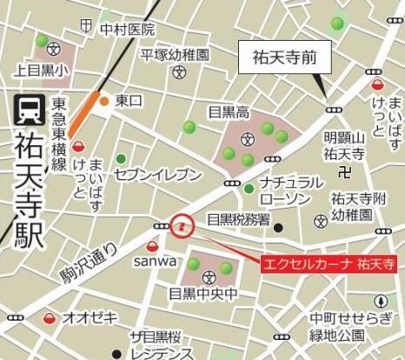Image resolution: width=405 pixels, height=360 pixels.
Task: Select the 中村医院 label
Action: point(126,30)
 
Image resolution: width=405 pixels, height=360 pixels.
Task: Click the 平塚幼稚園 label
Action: point(176,55)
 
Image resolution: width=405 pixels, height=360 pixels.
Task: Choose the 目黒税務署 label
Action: point(237,220)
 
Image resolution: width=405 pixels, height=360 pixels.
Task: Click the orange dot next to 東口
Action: point(104,102)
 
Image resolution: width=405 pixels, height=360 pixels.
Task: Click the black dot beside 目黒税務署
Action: point(278,228)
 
